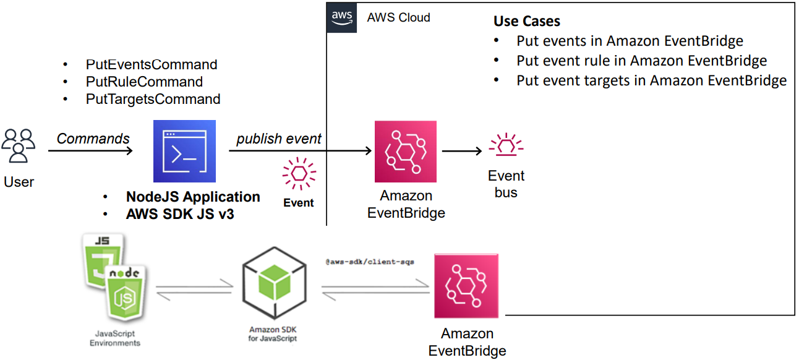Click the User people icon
point(19,146)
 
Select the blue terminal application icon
point(184,151)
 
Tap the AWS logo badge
point(341,17)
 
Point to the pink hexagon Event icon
point(299,175)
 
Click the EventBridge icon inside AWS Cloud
point(406,152)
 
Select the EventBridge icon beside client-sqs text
point(467,285)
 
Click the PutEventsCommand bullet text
point(152,64)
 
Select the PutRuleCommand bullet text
point(144,82)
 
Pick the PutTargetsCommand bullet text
point(153,99)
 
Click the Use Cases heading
point(527,22)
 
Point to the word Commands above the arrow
point(93,139)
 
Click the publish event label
point(279,139)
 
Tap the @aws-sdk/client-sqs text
point(370,262)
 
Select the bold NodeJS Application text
point(193,197)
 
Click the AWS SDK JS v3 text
point(180,215)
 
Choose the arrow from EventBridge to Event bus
point(462,151)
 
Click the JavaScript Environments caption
point(115,338)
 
